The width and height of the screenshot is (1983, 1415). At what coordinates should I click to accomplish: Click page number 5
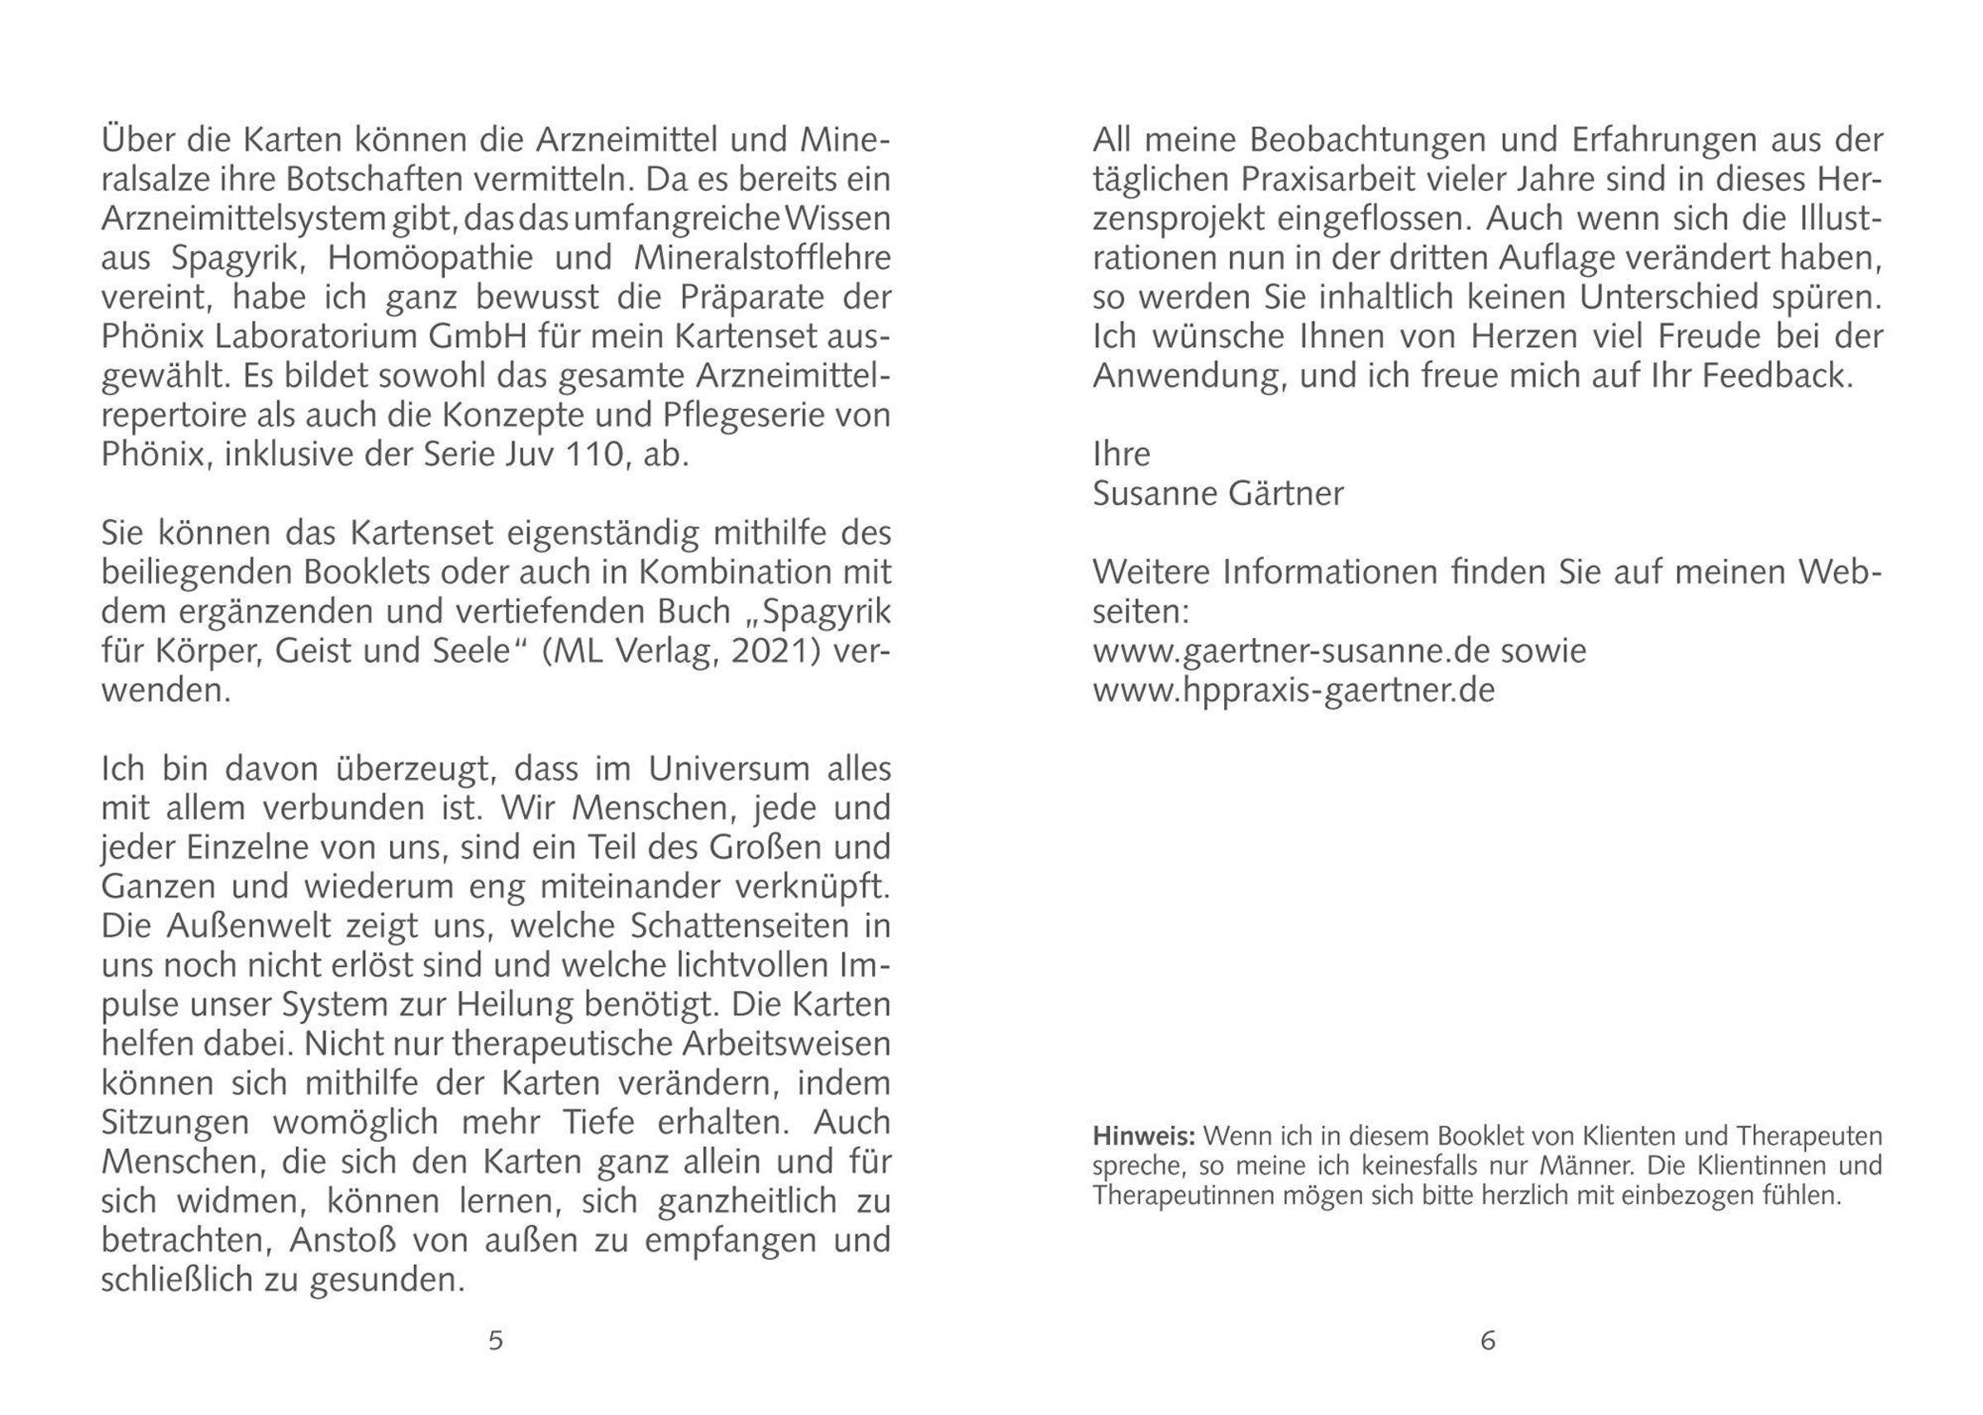[495, 1340]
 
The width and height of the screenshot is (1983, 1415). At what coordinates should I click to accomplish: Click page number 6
[1487, 1340]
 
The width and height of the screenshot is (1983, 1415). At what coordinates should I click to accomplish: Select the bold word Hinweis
[1143, 1137]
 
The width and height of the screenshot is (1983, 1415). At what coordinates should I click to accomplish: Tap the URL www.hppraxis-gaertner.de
[1294, 691]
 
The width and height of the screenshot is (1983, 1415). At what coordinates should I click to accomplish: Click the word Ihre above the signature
[1122, 454]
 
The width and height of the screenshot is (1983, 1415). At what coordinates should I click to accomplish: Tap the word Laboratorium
[284, 336]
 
